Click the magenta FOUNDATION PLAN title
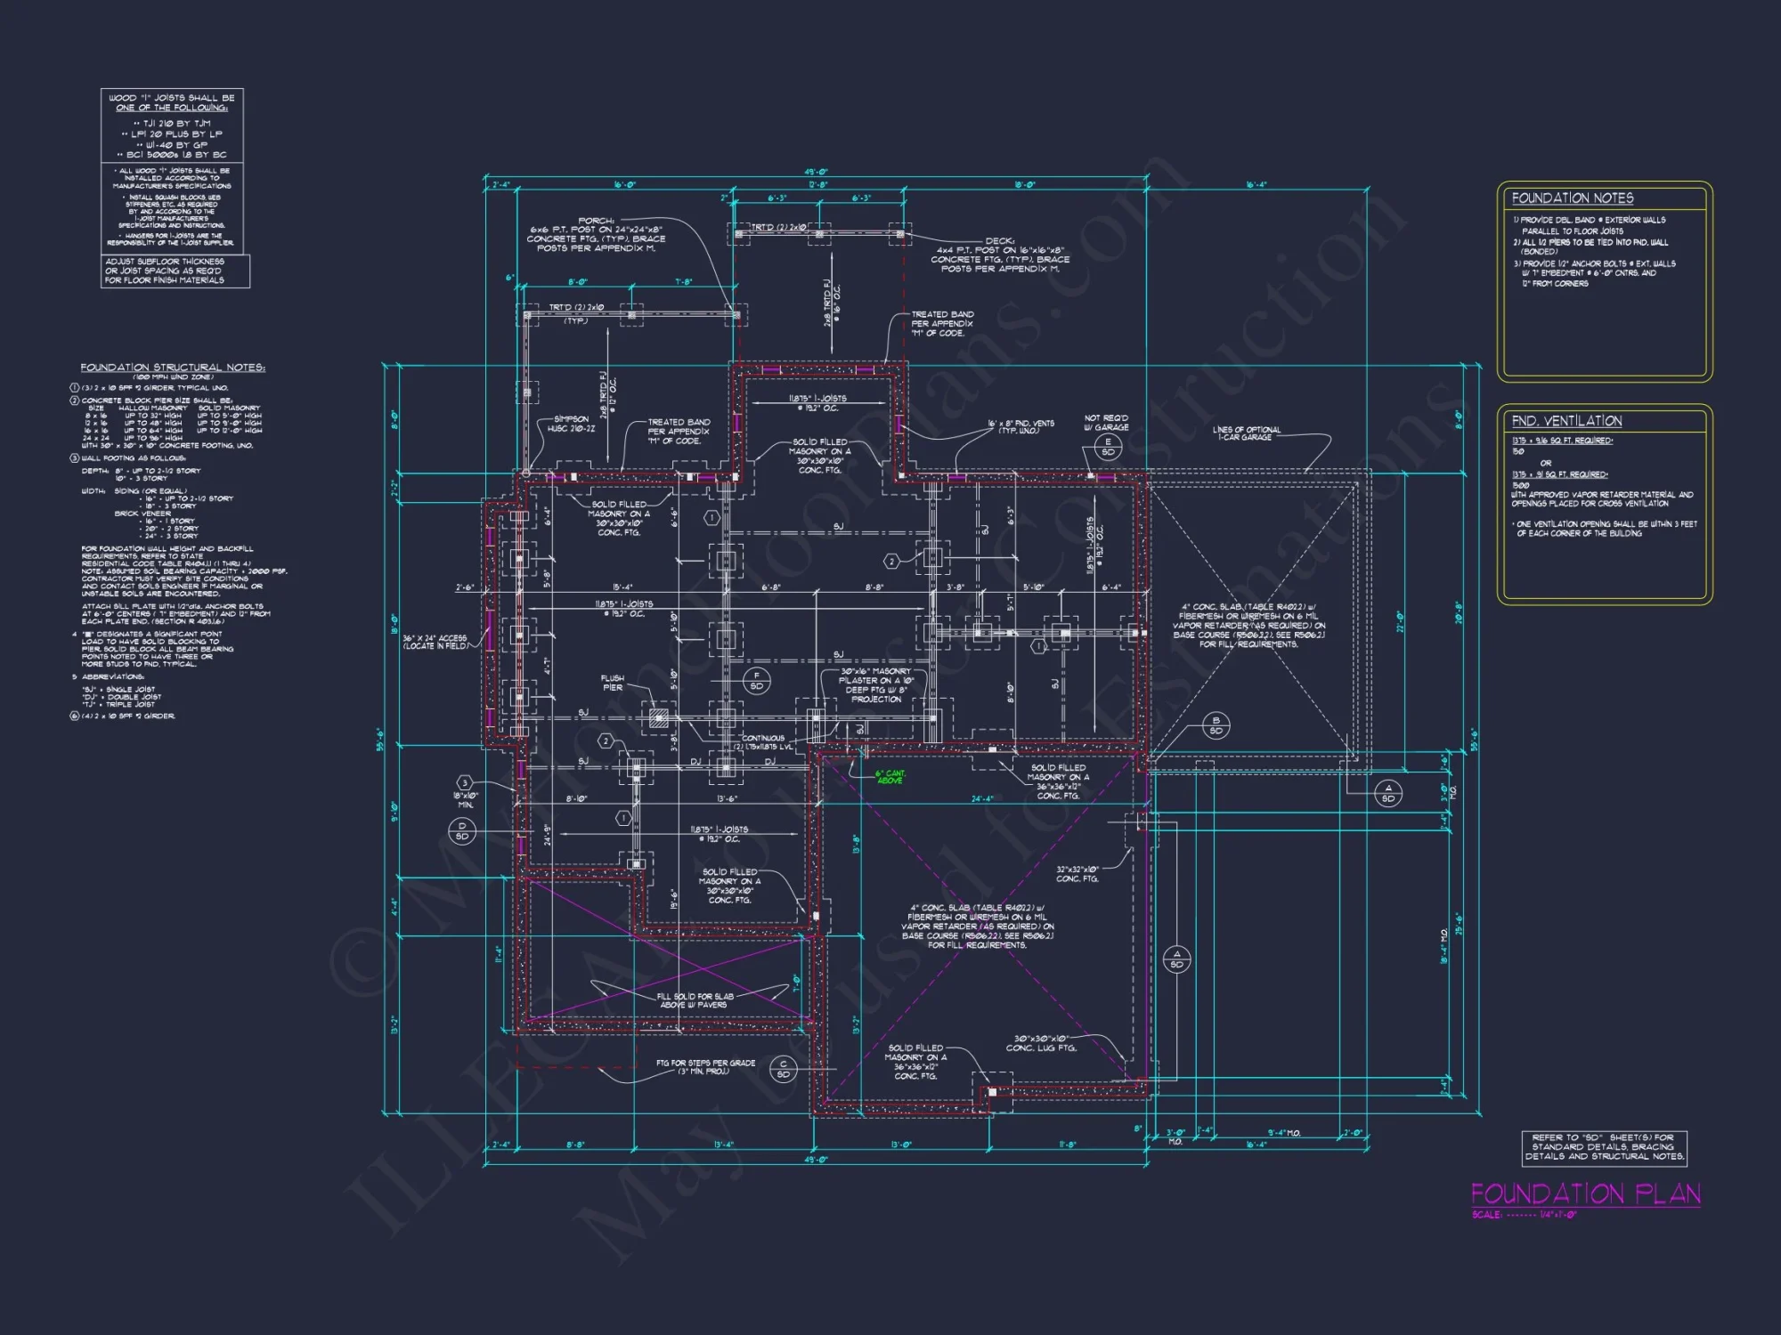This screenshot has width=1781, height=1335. [x=1585, y=1193]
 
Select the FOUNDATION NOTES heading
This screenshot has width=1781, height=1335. [x=1572, y=198]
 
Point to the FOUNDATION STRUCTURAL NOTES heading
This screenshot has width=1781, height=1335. [x=173, y=368]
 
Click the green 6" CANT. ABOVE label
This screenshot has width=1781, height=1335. [x=890, y=777]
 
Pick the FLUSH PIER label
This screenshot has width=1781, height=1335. [x=613, y=683]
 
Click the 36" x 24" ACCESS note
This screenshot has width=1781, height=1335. [x=435, y=642]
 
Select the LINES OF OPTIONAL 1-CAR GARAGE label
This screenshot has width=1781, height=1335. [x=1246, y=433]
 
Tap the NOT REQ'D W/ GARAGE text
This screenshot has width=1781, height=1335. [x=1106, y=423]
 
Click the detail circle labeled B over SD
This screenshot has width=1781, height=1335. [x=1216, y=725]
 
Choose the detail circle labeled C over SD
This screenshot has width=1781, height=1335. [x=784, y=1069]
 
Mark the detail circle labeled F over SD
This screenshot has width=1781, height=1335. [x=757, y=681]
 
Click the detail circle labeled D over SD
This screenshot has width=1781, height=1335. [x=461, y=831]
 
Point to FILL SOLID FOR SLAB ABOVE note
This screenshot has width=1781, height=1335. [x=695, y=1000]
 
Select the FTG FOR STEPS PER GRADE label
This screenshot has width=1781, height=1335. [x=705, y=1066]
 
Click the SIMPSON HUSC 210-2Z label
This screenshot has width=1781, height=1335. [x=571, y=424]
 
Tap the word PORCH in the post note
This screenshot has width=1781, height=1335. [x=596, y=220]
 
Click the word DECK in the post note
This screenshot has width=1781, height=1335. [x=999, y=240]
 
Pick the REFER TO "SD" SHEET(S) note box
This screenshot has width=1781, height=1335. [x=1604, y=1147]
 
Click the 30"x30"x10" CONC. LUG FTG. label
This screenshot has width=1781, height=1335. [x=1041, y=1043]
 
